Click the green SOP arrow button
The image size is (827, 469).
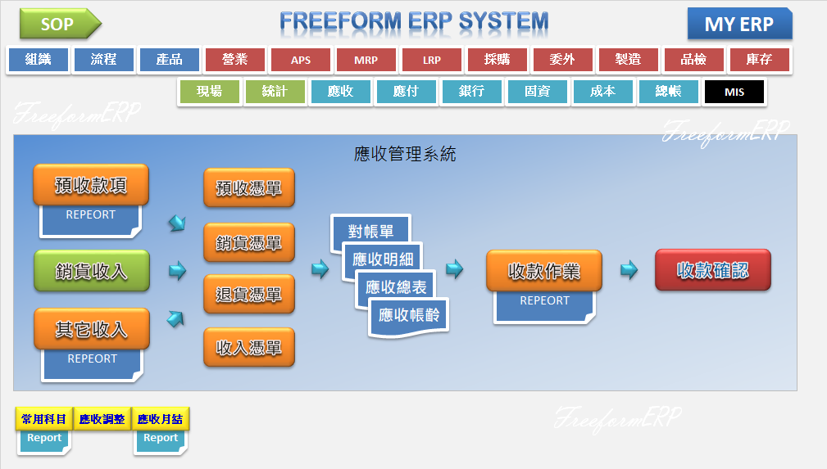click(x=57, y=24)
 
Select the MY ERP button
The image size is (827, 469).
click(x=738, y=24)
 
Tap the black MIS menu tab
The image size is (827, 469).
click(x=734, y=92)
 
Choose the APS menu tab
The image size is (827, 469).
click(x=301, y=60)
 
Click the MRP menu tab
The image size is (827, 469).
click(x=366, y=60)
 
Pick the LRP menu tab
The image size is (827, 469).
click(x=432, y=60)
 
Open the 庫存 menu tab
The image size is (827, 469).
click(x=759, y=60)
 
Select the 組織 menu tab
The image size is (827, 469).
click(x=38, y=60)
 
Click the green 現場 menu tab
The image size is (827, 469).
click(x=209, y=92)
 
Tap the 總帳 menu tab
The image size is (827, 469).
click(x=668, y=92)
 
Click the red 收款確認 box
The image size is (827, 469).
click(x=712, y=270)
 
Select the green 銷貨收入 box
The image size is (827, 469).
click(x=91, y=271)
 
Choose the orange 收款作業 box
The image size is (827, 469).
click(x=544, y=271)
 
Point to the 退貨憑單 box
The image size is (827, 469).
click(x=248, y=295)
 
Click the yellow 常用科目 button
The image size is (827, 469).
click(x=44, y=419)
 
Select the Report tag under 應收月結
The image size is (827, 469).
click(x=161, y=439)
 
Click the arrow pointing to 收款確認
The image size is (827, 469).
click(x=629, y=270)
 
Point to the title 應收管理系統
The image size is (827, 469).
click(x=405, y=153)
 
